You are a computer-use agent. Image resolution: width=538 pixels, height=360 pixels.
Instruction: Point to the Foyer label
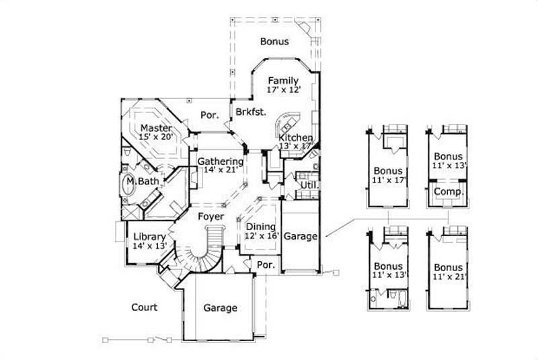pos(210,217)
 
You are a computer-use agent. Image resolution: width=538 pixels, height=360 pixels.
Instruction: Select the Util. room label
pos(309,184)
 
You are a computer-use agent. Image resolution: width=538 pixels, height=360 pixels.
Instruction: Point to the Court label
pos(144,308)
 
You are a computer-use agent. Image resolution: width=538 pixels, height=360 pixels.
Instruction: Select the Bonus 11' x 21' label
pos(449,271)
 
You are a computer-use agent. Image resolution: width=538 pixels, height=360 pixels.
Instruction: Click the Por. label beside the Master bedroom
pos(210,115)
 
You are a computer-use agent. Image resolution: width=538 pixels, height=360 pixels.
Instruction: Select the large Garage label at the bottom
pos(220,308)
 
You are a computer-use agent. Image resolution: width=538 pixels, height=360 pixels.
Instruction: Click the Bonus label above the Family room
pos(274,42)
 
